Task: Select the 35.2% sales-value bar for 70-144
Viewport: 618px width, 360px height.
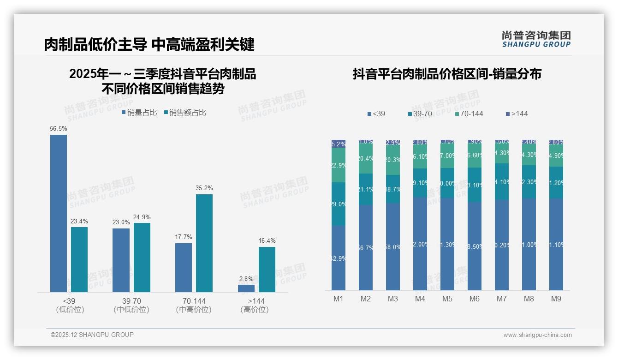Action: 204,243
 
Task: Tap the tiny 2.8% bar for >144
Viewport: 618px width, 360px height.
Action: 246,288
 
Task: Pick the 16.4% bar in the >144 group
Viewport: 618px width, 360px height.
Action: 267,269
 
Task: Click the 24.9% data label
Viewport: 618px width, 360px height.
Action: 142,217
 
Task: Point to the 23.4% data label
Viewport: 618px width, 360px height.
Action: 79,222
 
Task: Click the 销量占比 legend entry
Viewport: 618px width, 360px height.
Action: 139,113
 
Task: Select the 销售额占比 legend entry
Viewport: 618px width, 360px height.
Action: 184,113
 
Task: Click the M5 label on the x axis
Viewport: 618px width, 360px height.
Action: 447,299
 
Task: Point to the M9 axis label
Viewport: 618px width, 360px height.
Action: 556,299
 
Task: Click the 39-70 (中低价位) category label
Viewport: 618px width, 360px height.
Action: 131,305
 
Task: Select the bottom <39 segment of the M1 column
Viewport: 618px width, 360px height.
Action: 339,258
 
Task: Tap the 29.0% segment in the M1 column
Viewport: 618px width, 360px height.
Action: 339,204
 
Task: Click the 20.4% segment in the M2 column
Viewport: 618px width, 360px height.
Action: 366,159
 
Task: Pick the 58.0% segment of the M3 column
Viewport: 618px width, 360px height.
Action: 393,247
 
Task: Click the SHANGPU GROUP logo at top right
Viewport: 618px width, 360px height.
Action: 536,39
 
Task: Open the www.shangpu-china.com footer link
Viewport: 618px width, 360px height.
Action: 537,335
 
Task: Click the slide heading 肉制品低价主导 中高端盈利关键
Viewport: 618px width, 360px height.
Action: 149,45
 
